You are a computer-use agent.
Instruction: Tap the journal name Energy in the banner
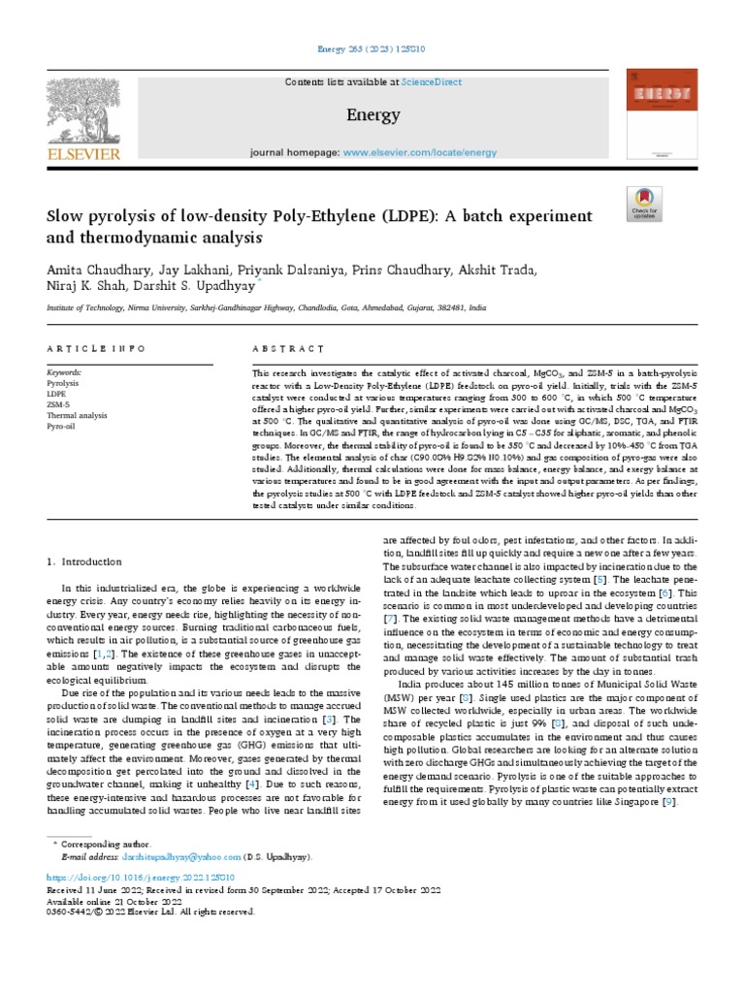(372, 115)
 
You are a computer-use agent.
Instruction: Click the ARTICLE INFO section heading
(96, 348)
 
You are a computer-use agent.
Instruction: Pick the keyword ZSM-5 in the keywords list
(59, 403)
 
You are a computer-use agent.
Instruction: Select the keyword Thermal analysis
(77, 414)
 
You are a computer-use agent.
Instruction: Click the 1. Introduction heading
(84, 561)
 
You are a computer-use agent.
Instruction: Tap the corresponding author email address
(180, 857)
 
